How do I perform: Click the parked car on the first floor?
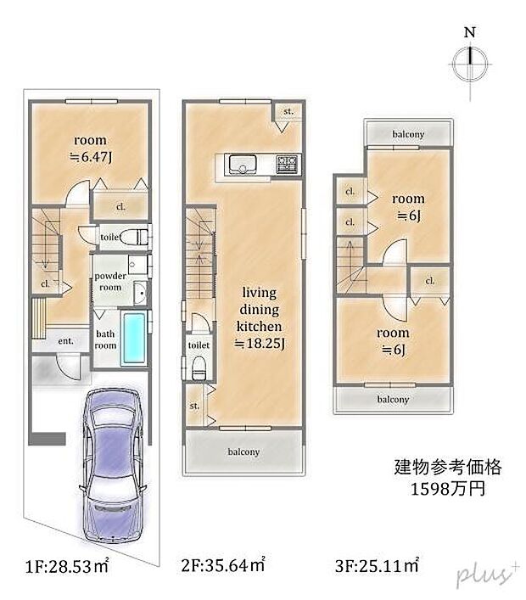pyautogui.click(x=113, y=466)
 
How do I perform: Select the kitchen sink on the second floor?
pyautogui.click(x=243, y=165)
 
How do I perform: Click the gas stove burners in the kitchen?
pyautogui.click(x=287, y=164)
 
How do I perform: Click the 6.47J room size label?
pyautogui.click(x=91, y=157)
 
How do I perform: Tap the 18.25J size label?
pyautogui.click(x=260, y=343)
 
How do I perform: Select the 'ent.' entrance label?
pyautogui.click(x=66, y=340)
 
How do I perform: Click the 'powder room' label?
pyautogui.click(x=110, y=281)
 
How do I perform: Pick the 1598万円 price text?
pyautogui.click(x=448, y=489)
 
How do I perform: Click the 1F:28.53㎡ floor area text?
pyautogui.click(x=67, y=566)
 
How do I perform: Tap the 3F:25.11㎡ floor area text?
pyautogui.click(x=378, y=565)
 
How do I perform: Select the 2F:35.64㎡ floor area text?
pyautogui.click(x=223, y=565)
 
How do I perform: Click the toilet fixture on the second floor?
pyautogui.click(x=199, y=367)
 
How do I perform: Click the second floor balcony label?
pyautogui.click(x=243, y=452)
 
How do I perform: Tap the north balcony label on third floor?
pyautogui.click(x=408, y=134)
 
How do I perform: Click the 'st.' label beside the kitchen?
pyautogui.click(x=288, y=111)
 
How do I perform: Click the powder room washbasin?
pyautogui.click(x=141, y=294)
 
